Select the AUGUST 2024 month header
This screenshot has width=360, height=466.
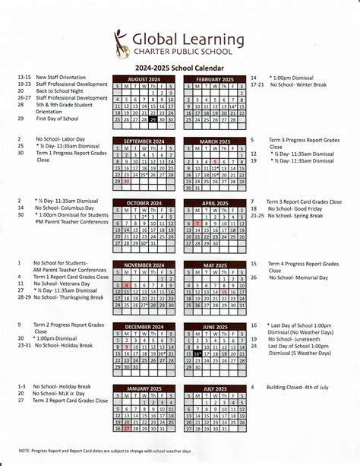click(x=146, y=79)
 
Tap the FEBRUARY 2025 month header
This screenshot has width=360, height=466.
click(x=215, y=79)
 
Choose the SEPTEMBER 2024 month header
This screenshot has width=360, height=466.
click(x=146, y=141)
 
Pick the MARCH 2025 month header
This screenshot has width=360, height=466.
click(x=215, y=141)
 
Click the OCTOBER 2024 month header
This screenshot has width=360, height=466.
click(x=146, y=203)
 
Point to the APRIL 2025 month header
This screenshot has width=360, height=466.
click(x=215, y=203)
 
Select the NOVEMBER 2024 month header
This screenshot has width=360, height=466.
click(x=146, y=265)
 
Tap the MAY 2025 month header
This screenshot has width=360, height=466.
click(x=215, y=265)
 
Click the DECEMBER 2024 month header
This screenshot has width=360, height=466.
click(x=146, y=326)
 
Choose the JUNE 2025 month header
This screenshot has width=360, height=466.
click(x=215, y=326)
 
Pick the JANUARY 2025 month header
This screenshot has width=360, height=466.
click(x=146, y=388)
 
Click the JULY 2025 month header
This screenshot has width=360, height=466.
click(x=215, y=388)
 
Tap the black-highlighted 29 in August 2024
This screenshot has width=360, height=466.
click(x=154, y=119)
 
